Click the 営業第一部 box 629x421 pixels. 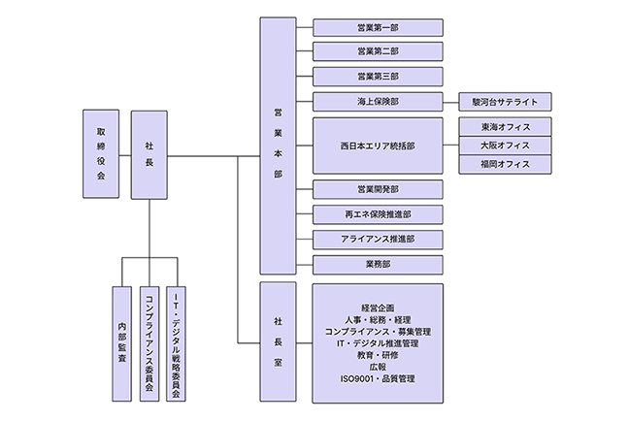click(378, 28)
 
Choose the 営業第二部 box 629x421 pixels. click(378, 51)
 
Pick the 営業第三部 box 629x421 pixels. click(378, 77)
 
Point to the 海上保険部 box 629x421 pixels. click(378, 102)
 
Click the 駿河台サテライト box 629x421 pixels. click(505, 102)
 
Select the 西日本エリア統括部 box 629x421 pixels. click(378, 146)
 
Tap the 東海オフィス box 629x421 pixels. click(505, 127)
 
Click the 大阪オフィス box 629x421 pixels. click(505, 146)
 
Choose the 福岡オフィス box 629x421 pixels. click(505, 164)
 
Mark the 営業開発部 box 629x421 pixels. click(378, 189)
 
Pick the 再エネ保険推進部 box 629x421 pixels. click(378, 214)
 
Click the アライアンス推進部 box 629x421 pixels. click(378, 239)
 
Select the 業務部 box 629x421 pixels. click(378, 264)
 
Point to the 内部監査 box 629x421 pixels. click(121, 342)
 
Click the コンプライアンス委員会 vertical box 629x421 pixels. click(149, 342)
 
